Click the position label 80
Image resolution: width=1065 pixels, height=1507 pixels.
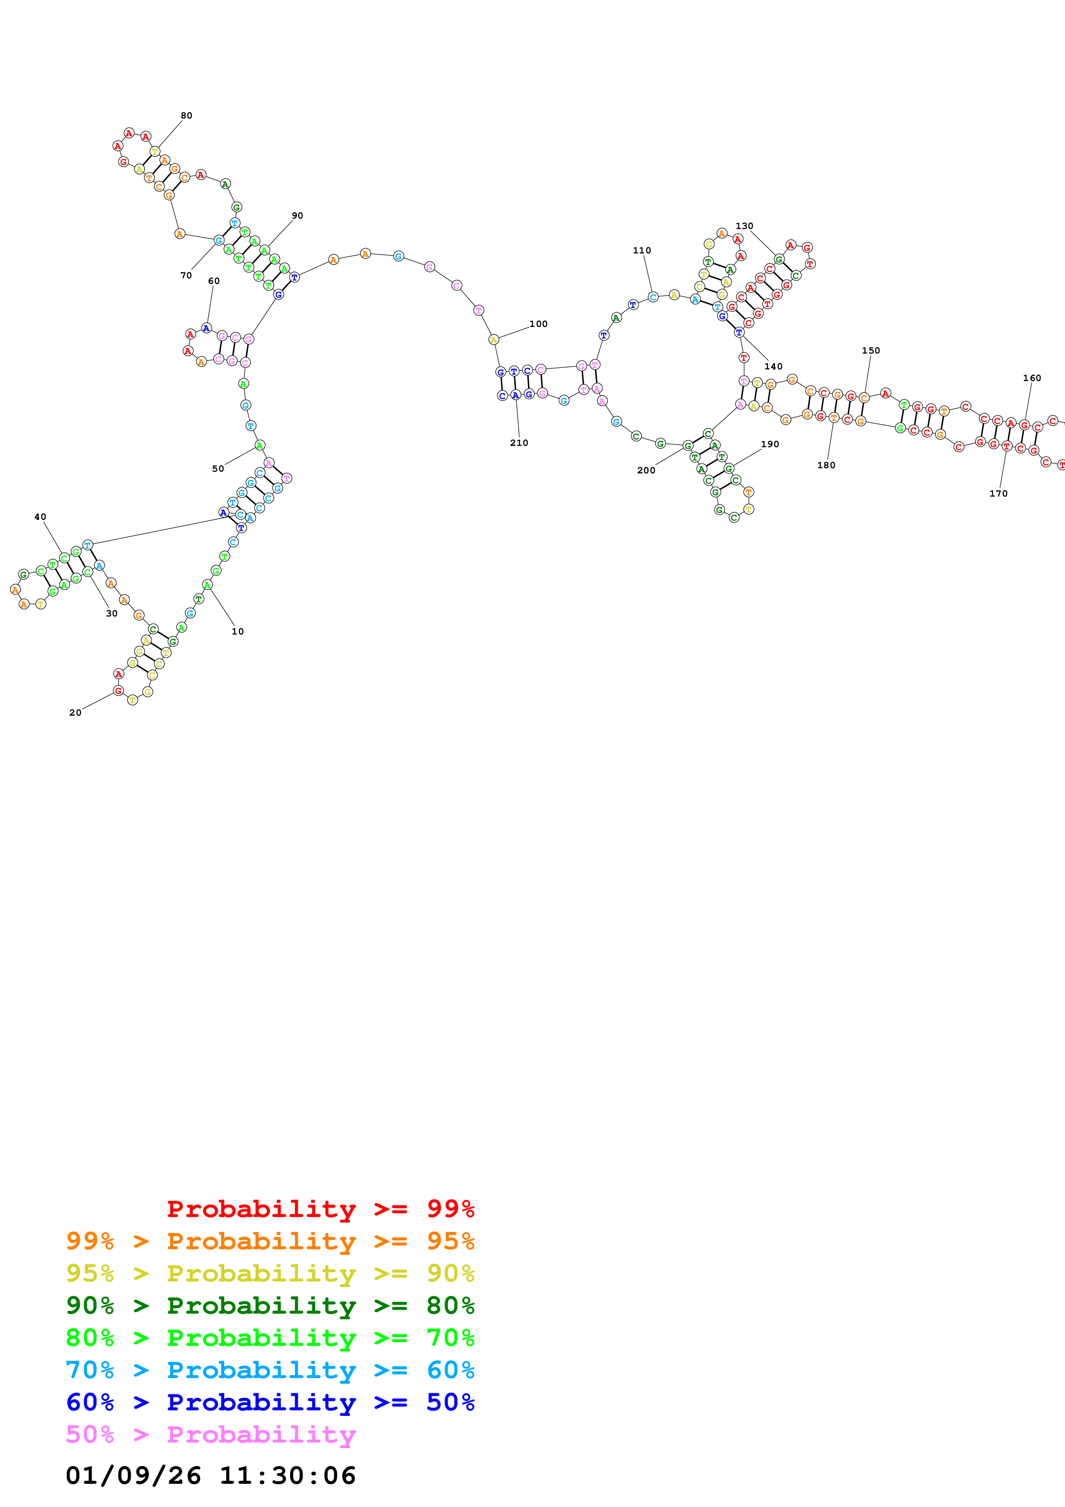[186, 116]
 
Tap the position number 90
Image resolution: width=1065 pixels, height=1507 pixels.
[297, 215]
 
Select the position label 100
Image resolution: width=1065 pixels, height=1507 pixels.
[538, 323]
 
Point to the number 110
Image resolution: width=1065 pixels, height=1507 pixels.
[642, 250]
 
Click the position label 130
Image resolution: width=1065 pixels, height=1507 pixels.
[744, 226]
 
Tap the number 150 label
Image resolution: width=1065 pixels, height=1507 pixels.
[871, 351]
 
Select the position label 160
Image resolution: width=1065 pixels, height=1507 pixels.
[1031, 378]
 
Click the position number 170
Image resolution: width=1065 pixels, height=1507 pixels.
[998, 494]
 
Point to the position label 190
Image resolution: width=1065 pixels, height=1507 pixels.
[770, 444]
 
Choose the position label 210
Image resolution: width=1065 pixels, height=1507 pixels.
[519, 443]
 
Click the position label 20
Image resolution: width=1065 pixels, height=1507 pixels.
[76, 713]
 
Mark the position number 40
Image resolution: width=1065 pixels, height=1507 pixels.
[40, 517]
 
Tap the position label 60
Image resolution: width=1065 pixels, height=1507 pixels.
[214, 281]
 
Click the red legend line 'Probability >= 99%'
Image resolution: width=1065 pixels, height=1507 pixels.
[320, 1208]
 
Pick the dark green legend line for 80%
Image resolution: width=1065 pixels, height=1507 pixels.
[270, 1306]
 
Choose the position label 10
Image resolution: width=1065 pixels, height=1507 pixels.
[238, 631]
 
